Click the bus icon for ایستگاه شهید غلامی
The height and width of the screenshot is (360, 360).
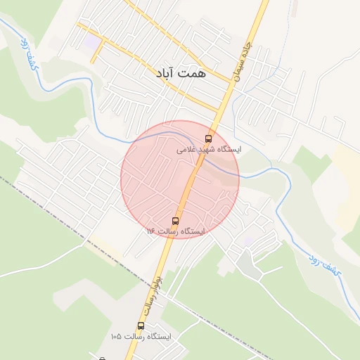[207, 138]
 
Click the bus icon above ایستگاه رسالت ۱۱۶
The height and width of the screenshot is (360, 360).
[175, 220]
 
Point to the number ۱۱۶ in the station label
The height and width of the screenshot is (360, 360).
[151, 231]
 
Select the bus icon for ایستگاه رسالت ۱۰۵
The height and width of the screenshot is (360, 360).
[141, 326]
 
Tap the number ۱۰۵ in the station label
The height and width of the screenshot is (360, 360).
[116, 337]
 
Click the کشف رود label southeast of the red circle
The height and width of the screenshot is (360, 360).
[325, 266]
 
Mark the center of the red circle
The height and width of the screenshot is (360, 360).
[180, 180]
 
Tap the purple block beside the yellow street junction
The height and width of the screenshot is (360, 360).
[92, 44]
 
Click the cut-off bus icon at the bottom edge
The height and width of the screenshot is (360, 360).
[102, 359]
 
